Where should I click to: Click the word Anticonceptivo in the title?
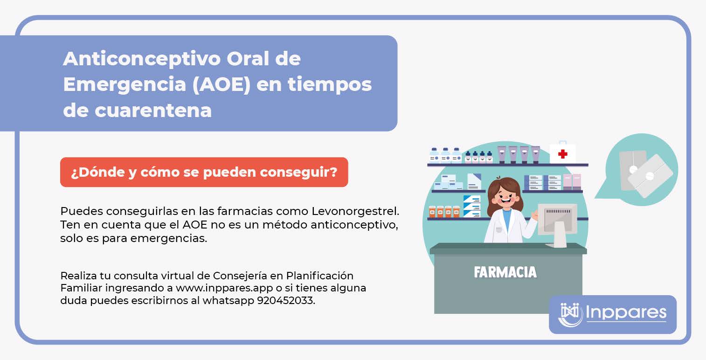point(141,59)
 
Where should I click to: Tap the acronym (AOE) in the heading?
point(221,84)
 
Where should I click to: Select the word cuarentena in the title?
point(153,111)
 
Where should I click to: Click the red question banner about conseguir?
point(204,172)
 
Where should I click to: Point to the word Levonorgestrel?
point(355,211)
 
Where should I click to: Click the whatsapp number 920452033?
point(286,300)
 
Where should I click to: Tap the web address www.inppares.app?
point(224,288)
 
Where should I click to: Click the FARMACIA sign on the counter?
point(505,272)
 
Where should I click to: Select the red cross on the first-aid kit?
point(562,154)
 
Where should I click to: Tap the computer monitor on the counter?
point(557,224)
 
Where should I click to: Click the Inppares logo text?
point(626,312)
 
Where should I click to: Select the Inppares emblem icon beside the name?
point(570,314)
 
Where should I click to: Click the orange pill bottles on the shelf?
point(444,212)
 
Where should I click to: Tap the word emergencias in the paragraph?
point(169,238)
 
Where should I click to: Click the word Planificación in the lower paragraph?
point(319,276)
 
